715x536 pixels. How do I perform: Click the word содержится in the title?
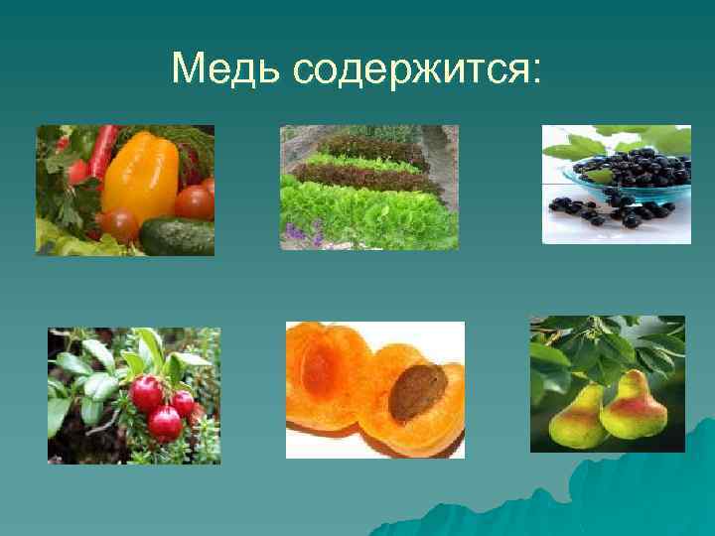click(x=410, y=68)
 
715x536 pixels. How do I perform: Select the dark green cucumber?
click(x=178, y=235)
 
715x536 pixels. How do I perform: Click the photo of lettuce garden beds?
click(x=368, y=188)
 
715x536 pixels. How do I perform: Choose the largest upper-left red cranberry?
click(x=146, y=393)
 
